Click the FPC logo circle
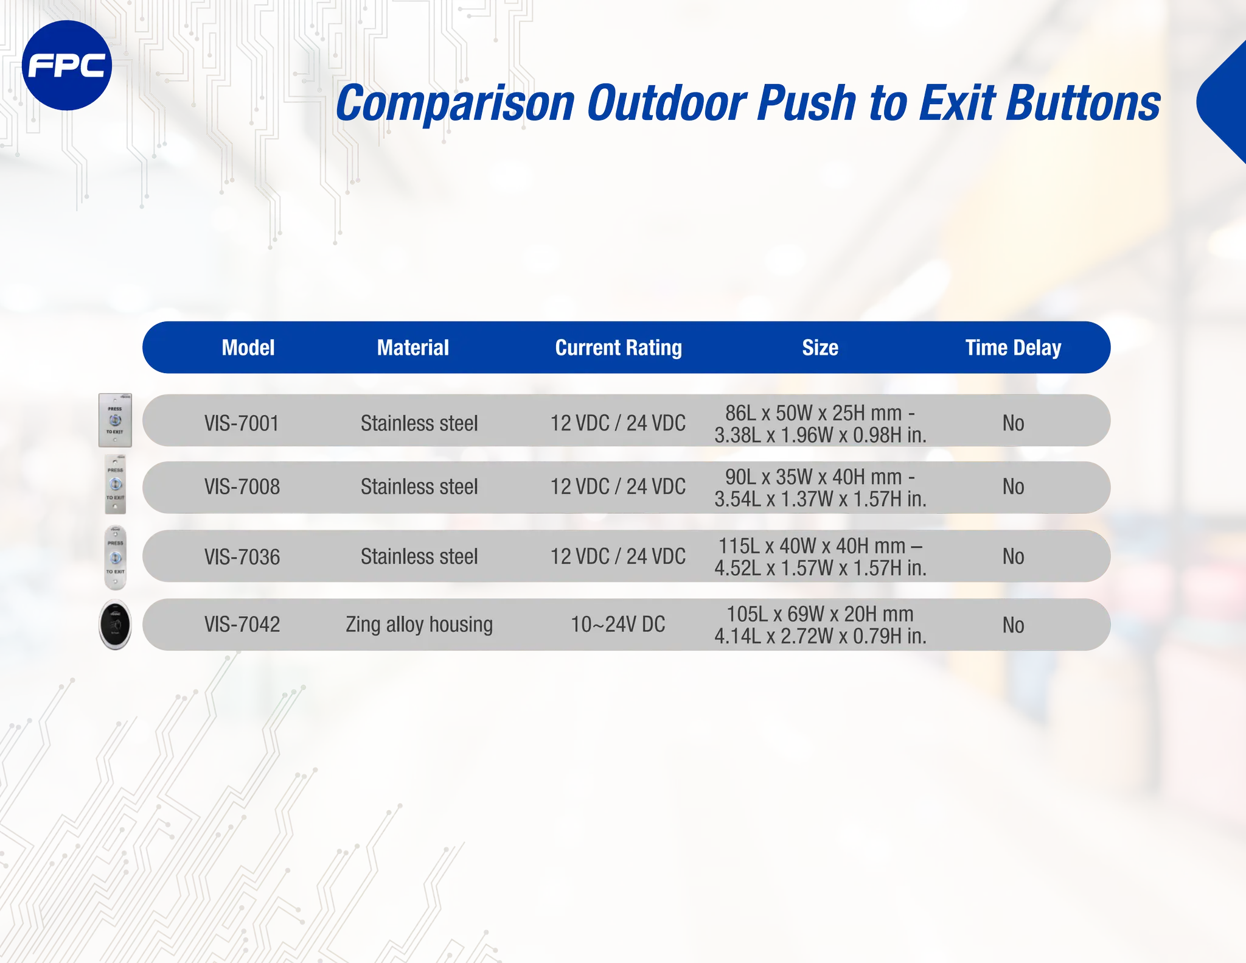click(66, 66)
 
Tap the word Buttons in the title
click(1082, 103)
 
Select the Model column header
click(248, 348)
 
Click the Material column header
click(412, 348)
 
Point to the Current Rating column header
click(618, 348)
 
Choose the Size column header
click(820, 348)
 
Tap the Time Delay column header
click(1012, 348)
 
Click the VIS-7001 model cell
click(242, 423)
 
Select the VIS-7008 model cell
click(242, 487)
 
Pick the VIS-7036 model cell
click(242, 557)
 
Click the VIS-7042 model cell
click(242, 625)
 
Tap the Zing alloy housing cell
click(419, 625)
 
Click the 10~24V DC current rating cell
click(618, 625)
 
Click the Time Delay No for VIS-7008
click(1013, 487)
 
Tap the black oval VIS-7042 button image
click(115, 625)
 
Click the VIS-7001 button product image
click(115, 420)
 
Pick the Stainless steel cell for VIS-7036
click(419, 557)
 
